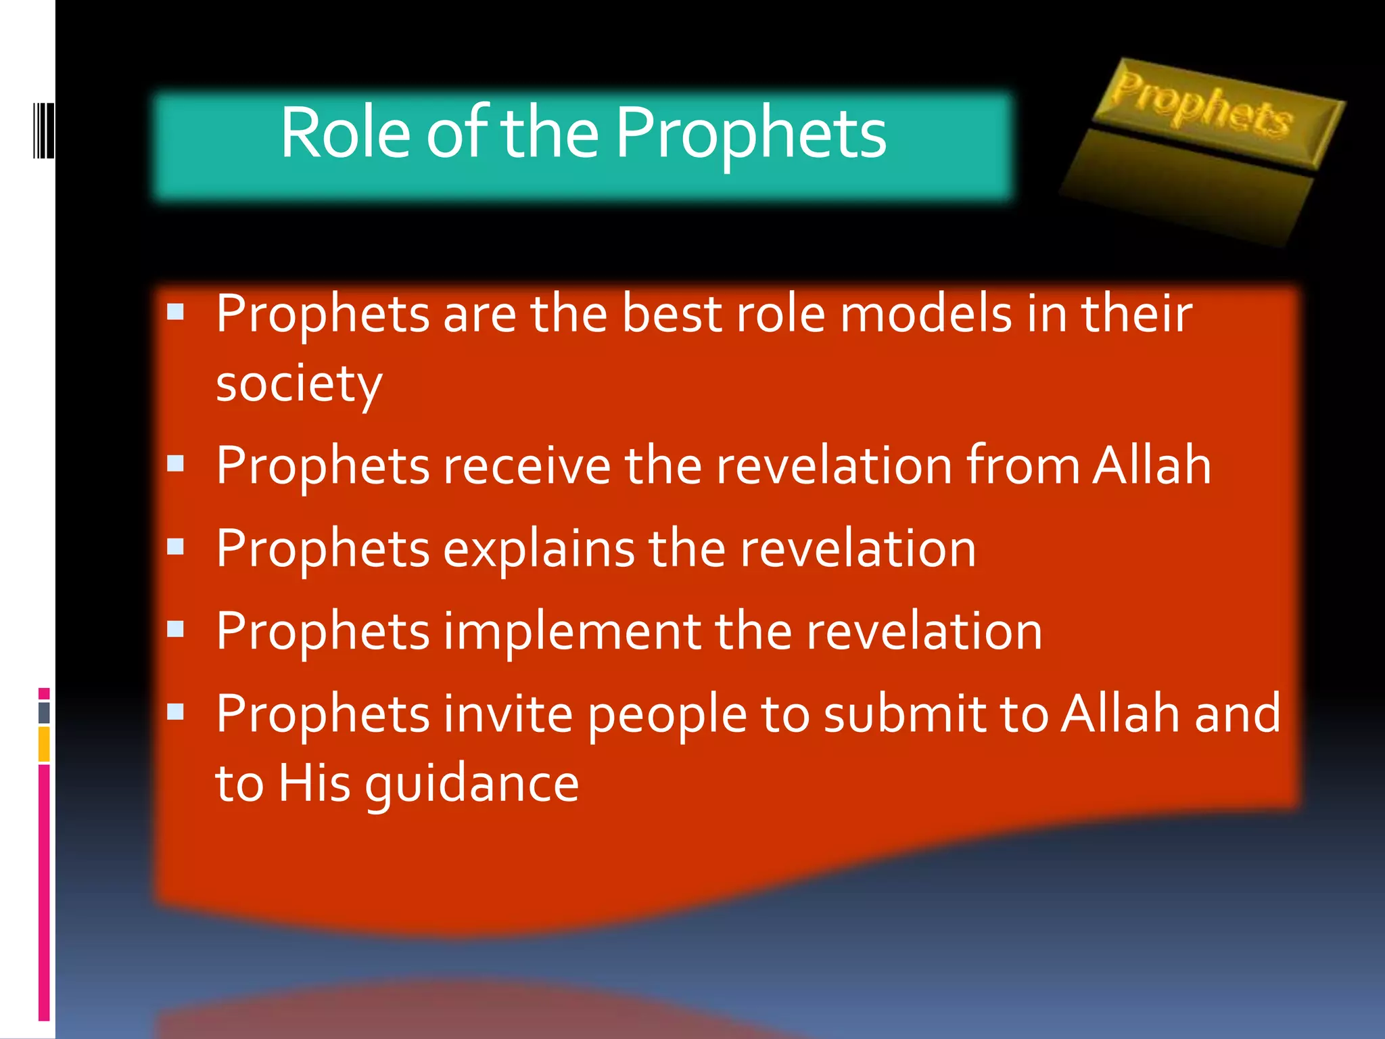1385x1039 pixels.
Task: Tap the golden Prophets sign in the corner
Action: (x=1202, y=108)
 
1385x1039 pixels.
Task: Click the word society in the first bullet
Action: (x=299, y=384)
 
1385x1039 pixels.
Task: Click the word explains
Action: (x=538, y=549)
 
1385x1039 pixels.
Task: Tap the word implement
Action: (x=572, y=631)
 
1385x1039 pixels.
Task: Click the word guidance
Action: (x=471, y=785)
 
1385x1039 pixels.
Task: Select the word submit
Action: (x=904, y=714)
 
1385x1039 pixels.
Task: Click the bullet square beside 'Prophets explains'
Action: (x=176, y=547)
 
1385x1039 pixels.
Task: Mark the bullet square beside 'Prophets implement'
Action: (x=176, y=629)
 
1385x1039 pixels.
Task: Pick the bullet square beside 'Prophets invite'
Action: (x=176, y=712)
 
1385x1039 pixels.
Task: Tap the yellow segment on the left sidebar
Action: (x=44, y=744)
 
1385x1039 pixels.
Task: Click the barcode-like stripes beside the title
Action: (x=43, y=131)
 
